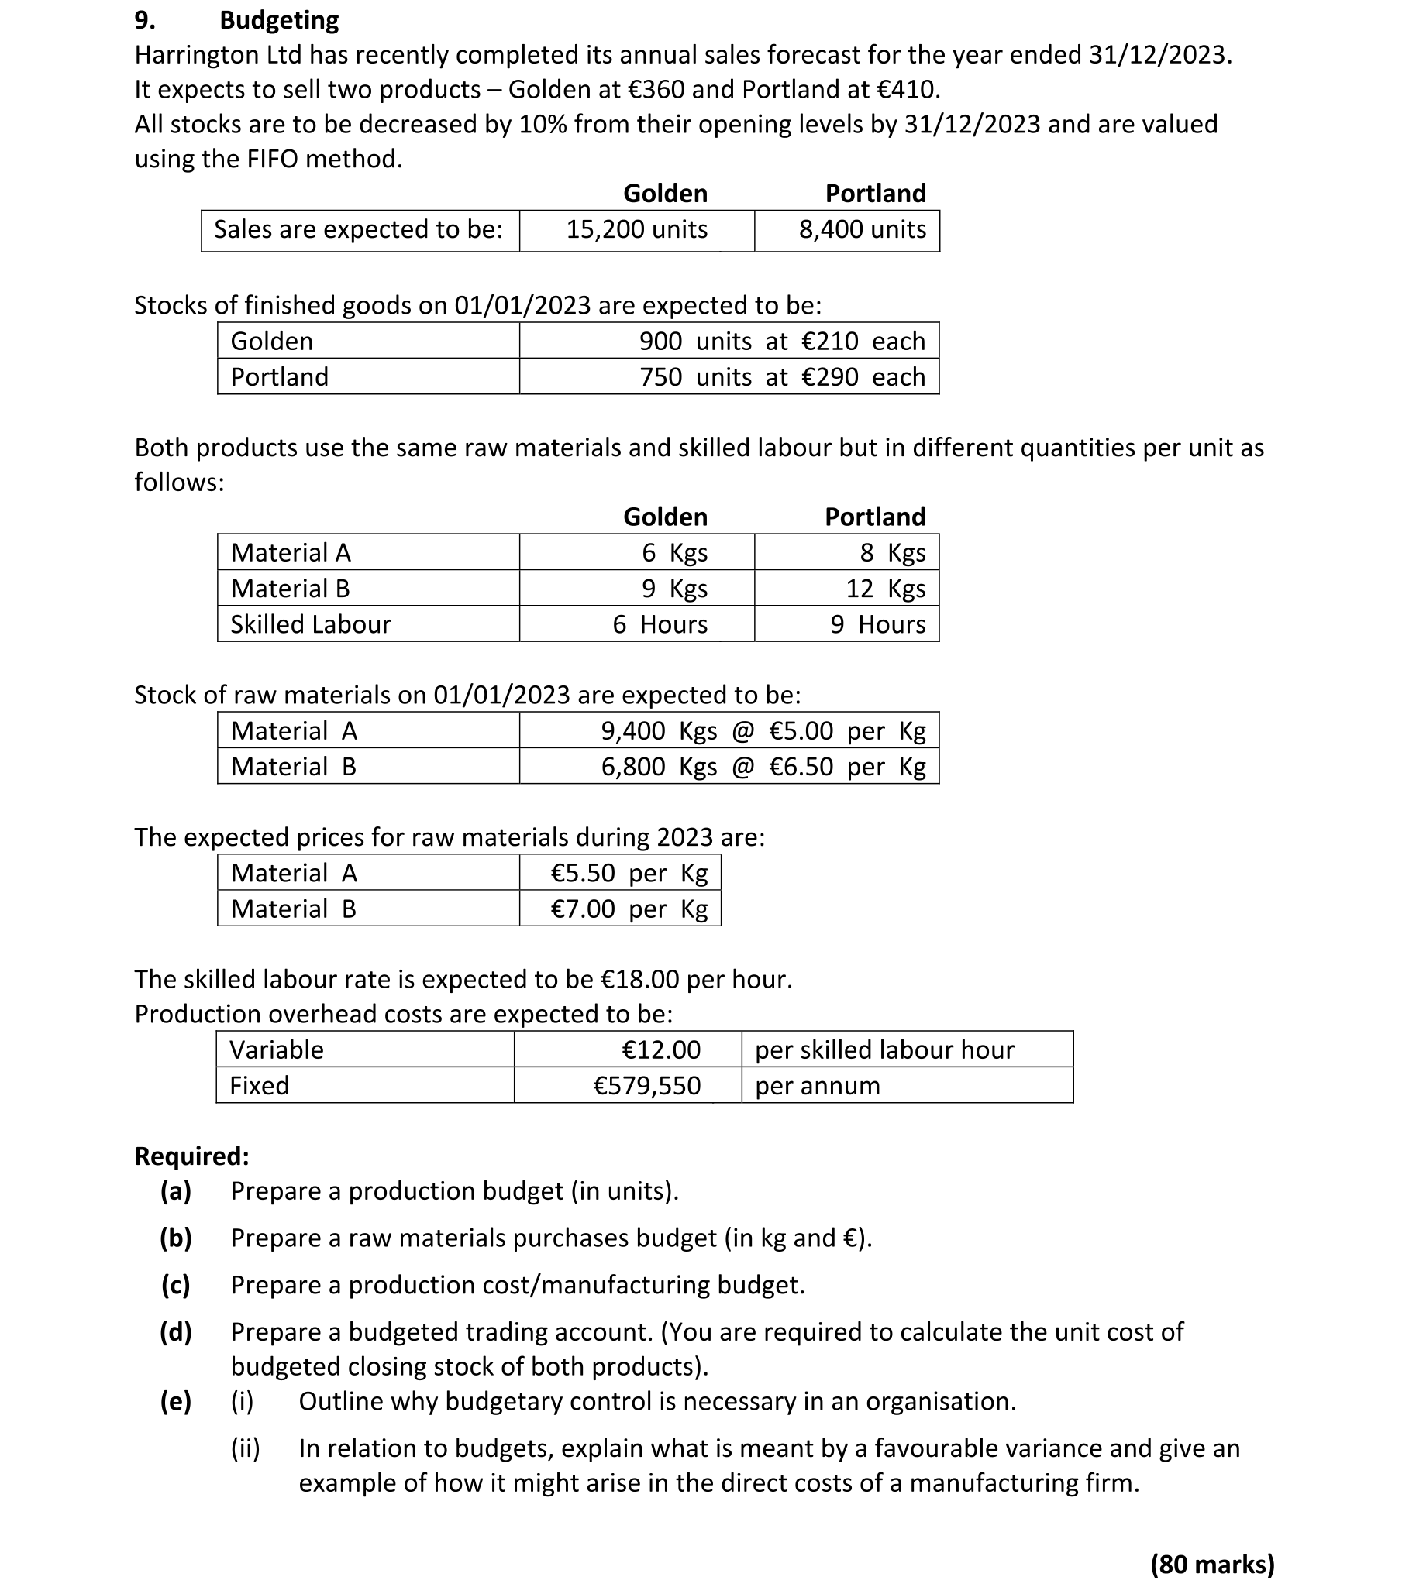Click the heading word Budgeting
[279, 20]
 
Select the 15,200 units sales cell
[636, 230]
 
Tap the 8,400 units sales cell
[862, 230]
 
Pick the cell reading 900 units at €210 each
[781, 342]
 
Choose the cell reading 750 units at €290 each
[781, 377]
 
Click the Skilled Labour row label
[311, 624]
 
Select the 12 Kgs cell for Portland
[886, 589]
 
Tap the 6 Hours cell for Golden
[660, 624]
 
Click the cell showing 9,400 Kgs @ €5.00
[763, 731]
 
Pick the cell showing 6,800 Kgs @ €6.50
[763, 767]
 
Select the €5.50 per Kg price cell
[629, 874]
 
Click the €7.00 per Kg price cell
[629, 909]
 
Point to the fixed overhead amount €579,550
[646, 1085]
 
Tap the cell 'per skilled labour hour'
[884, 1049]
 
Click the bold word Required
[191, 1156]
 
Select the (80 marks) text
[1211, 1564]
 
